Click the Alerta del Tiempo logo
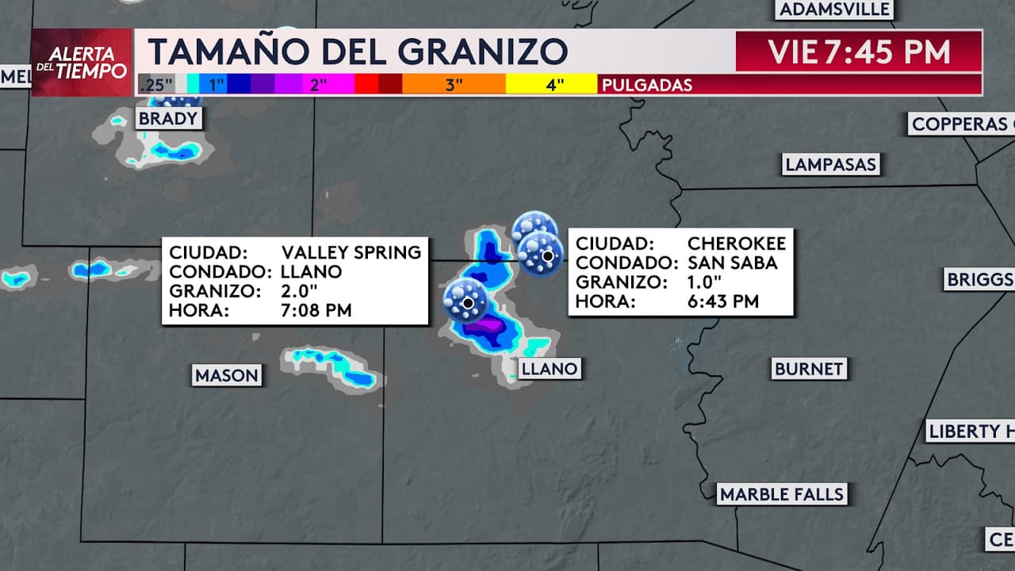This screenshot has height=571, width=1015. coord(82,63)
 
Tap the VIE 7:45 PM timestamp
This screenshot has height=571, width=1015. coord(859,52)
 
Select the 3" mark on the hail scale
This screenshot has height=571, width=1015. coord(454,85)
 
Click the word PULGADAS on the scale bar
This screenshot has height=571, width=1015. coord(647,85)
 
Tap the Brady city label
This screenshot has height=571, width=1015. coord(167,119)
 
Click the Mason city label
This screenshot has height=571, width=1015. coord(227,375)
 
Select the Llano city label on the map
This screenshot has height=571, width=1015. coord(549,368)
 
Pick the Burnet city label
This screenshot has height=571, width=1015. coord(809,369)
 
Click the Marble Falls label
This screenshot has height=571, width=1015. coord(782,494)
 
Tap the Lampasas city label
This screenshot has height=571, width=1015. coord(830,164)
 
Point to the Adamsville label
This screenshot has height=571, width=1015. coord(835,10)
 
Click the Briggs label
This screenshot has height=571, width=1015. coord(980,279)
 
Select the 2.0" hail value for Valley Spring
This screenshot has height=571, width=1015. coord(298,291)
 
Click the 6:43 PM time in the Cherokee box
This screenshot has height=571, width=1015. coord(723,301)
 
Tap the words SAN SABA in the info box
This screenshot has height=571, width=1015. coord(732,263)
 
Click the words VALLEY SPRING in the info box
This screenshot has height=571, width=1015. coord(351,252)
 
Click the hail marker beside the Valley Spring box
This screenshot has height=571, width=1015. coord(467,302)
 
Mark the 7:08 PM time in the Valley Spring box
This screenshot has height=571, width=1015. coord(316,310)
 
